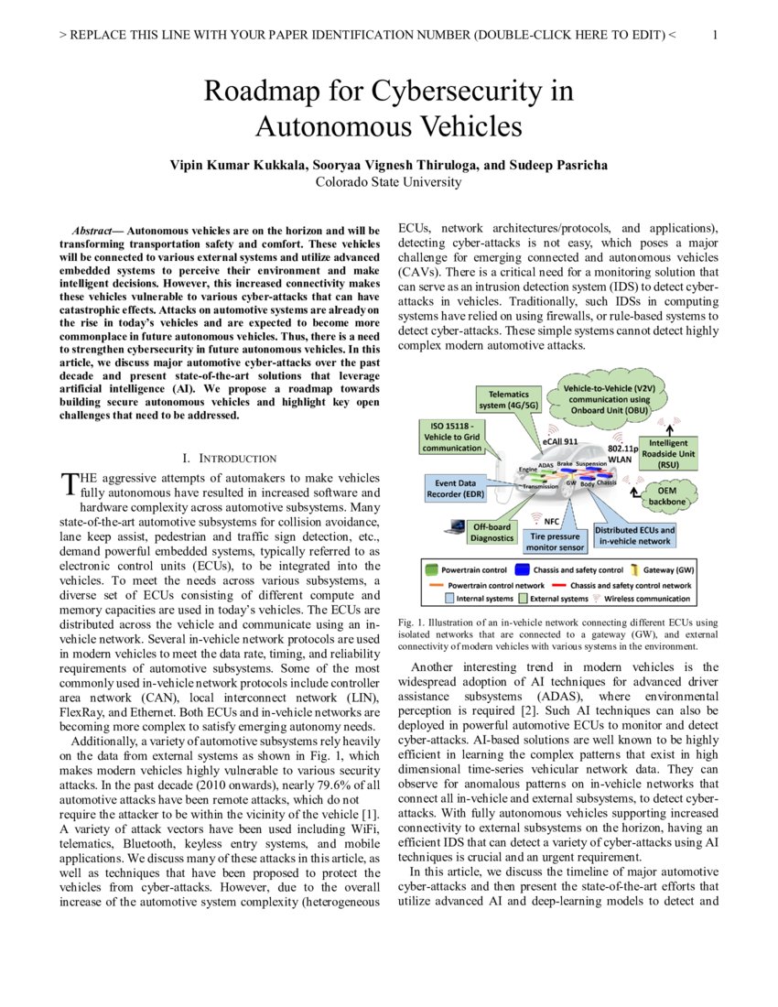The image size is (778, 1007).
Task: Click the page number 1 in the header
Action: [x=714, y=35]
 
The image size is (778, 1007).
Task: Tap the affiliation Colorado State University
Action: [x=388, y=181]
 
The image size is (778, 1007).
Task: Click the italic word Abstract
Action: [x=93, y=229]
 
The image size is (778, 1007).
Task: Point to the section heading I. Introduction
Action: [x=229, y=458]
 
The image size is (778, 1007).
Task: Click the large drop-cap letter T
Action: [x=67, y=483]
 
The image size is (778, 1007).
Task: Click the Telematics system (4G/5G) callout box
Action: [x=506, y=399]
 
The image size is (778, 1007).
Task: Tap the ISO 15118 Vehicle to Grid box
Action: [x=453, y=437]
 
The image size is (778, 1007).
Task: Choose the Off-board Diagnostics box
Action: [x=492, y=533]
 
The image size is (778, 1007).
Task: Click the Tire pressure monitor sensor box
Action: [x=555, y=541]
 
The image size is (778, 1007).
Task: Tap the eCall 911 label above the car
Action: [x=560, y=441]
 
